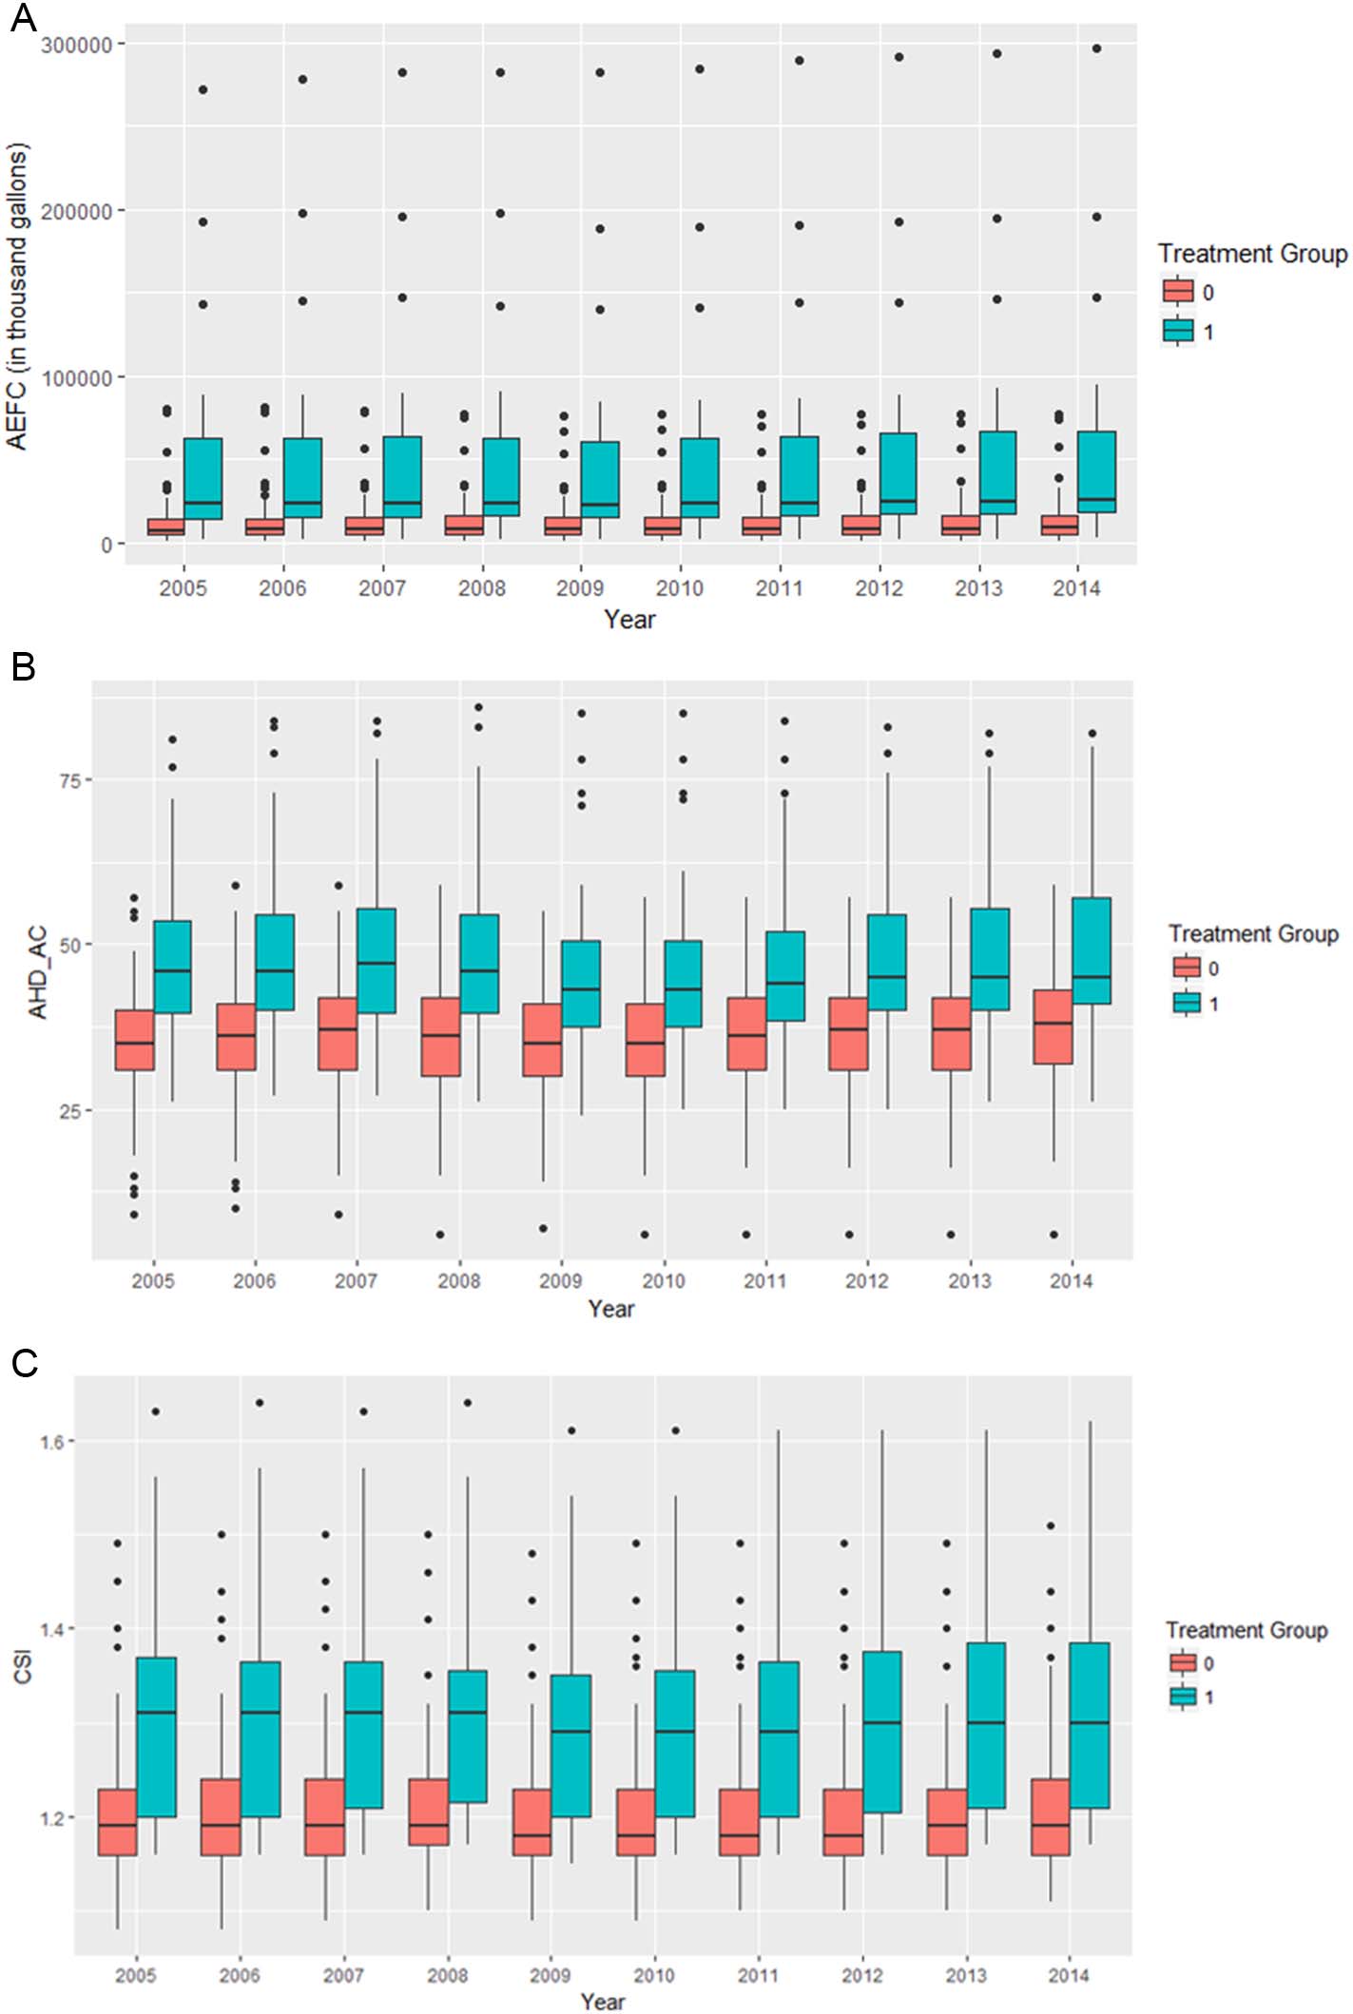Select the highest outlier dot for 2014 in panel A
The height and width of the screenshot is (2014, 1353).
pyautogui.click(x=1096, y=48)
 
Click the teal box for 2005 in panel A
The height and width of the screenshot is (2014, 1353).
pyautogui.click(x=203, y=478)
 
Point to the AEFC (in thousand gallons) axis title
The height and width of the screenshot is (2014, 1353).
pyautogui.click(x=18, y=296)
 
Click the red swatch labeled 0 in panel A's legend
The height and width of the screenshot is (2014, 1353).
pyautogui.click(x=1178, y=291)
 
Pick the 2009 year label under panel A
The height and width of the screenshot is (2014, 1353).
pyautogui.click(x=580, y=588)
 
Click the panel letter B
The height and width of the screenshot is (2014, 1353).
pyautogui.click(x=22, y=666)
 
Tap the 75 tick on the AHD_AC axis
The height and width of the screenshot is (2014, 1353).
pyautogui.click(x=70, y=780)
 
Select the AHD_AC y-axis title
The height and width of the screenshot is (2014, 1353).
pyautogui.click(x=38, y=972)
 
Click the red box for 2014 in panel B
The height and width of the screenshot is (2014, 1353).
pyautogui.click(x=1053, y=1026)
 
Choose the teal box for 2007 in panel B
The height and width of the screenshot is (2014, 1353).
pyautogui.click(x=377, y=960)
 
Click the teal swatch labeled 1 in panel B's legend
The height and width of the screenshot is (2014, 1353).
pyautogui.click(x=1187, y=1002)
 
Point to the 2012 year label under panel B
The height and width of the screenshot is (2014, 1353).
pyautogui.click(x=866, y=1281)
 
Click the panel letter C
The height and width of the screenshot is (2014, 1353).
pyautogui.click(x=24, y=1363)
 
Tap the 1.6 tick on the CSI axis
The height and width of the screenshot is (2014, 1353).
pyautogui.click(x=52, y=1442)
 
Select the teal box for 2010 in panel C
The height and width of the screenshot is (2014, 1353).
pyautogui.click(x=675, y=1743)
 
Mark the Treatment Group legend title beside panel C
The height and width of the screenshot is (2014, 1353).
pyautogui.click(x=1246, y=1630)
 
